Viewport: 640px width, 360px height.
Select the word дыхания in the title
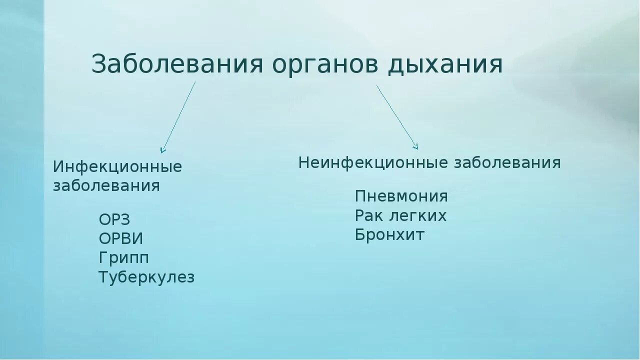445,64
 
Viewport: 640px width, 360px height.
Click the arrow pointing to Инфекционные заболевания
178,117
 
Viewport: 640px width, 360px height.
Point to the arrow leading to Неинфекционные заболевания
397,117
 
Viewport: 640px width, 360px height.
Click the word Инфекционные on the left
117,166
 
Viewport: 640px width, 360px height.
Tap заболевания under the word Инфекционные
106,186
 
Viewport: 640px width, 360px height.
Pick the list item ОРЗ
114,219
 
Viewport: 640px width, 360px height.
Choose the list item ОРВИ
121,238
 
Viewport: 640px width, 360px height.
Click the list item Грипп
124,258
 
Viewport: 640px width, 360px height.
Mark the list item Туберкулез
146,277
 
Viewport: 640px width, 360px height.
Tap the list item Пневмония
401,196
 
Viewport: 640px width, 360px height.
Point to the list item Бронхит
390,234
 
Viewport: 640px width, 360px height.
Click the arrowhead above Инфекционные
162,149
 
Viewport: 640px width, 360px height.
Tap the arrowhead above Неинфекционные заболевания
415,146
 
